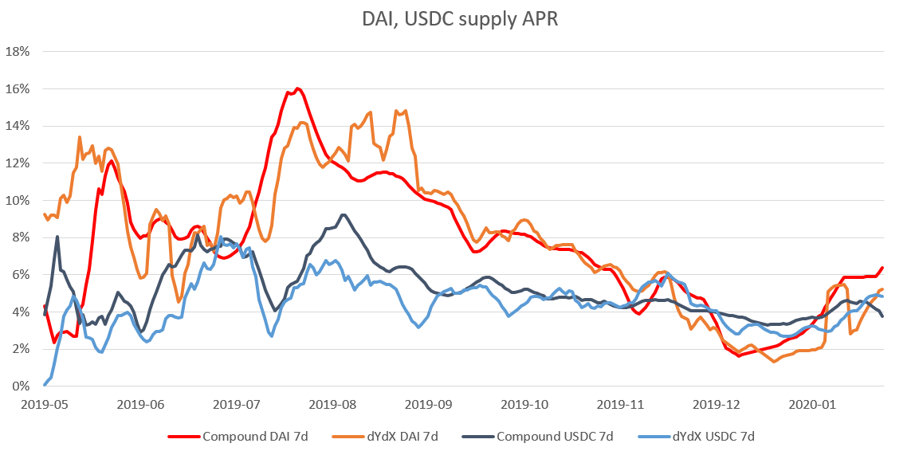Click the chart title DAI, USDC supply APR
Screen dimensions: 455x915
coord(457,20)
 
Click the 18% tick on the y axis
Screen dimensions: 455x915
coord(18,52)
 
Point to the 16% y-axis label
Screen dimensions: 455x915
coord(18,88)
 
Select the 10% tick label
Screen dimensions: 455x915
coord(18,200)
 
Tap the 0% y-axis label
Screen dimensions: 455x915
coord(21,386)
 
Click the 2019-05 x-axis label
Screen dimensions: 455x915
coord(44,404)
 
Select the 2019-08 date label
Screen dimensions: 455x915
coord(332,404)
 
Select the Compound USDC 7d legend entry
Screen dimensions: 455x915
coord(541,436)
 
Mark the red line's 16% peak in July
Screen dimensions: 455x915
coord(296,88)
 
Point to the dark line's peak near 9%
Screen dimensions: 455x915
coord(344,214)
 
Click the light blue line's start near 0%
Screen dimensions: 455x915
coord(45,384)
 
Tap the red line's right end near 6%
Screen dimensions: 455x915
coord(882,268)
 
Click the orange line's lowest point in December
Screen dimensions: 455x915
coord(774,362)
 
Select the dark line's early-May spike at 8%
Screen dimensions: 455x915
coord(57,237)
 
